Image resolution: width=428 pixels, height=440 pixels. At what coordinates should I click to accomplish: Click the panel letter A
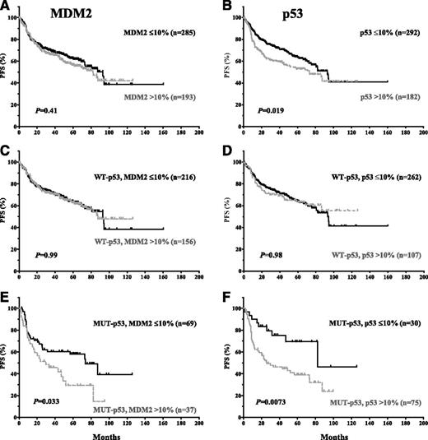click(6, 7)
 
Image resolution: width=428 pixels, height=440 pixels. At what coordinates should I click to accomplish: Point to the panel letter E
click(6, 294)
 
